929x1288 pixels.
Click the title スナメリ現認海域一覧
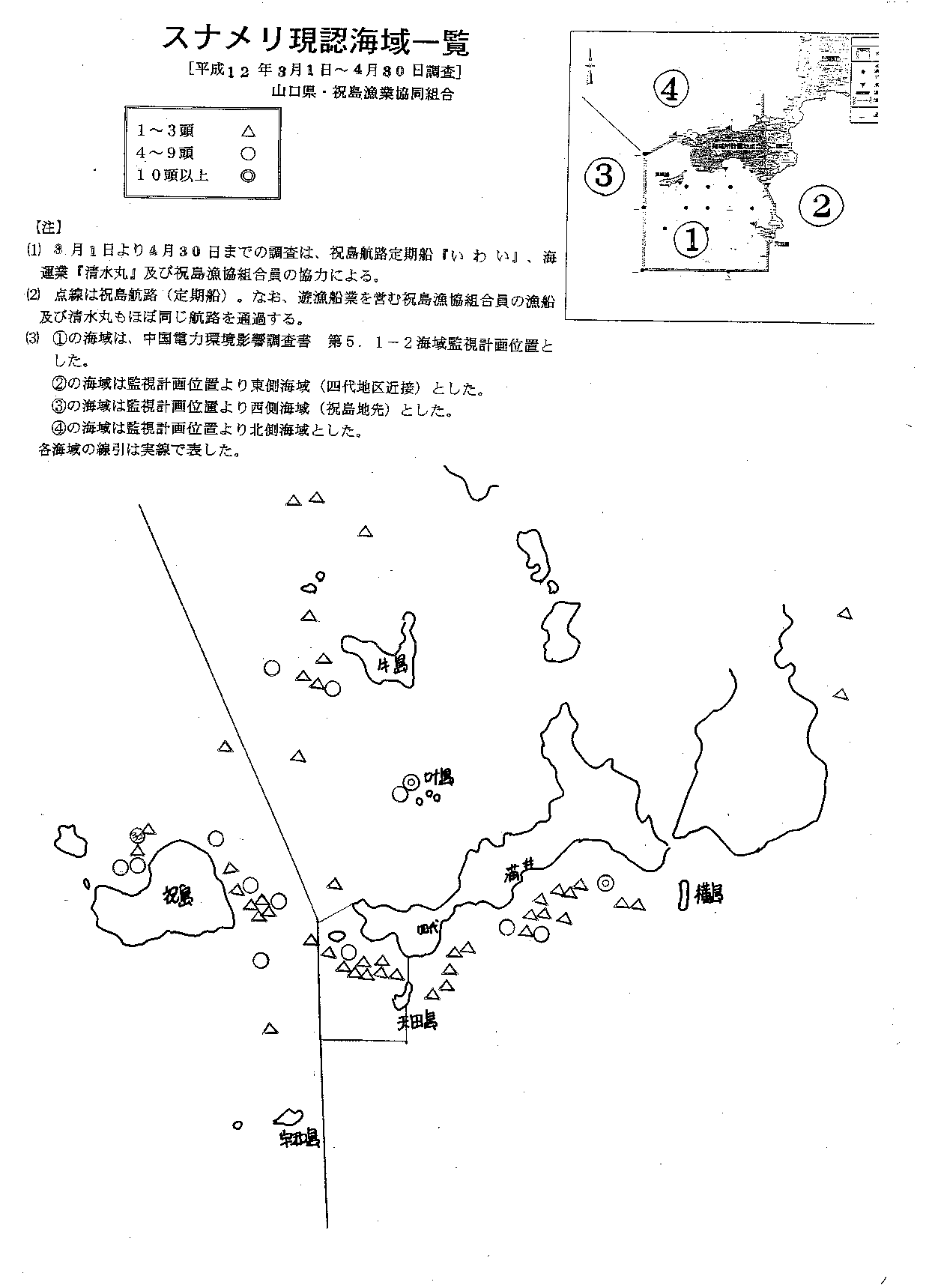[315, 42]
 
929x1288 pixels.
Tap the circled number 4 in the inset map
[671, 89]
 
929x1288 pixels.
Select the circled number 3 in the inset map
[604, 175]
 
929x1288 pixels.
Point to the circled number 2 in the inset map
[820, 205]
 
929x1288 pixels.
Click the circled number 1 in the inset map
[691, 239]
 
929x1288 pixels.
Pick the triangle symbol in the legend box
[249, 131]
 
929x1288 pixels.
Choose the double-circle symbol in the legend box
[249, 176]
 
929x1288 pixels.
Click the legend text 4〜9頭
[166, 154]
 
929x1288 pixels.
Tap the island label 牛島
[392, 665]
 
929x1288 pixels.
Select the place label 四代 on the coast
[428, 928]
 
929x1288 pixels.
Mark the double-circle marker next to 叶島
[411, 781]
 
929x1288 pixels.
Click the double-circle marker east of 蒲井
[605, 883]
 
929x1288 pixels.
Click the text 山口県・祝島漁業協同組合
[363, 94]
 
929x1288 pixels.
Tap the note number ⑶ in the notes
[32, 339]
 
